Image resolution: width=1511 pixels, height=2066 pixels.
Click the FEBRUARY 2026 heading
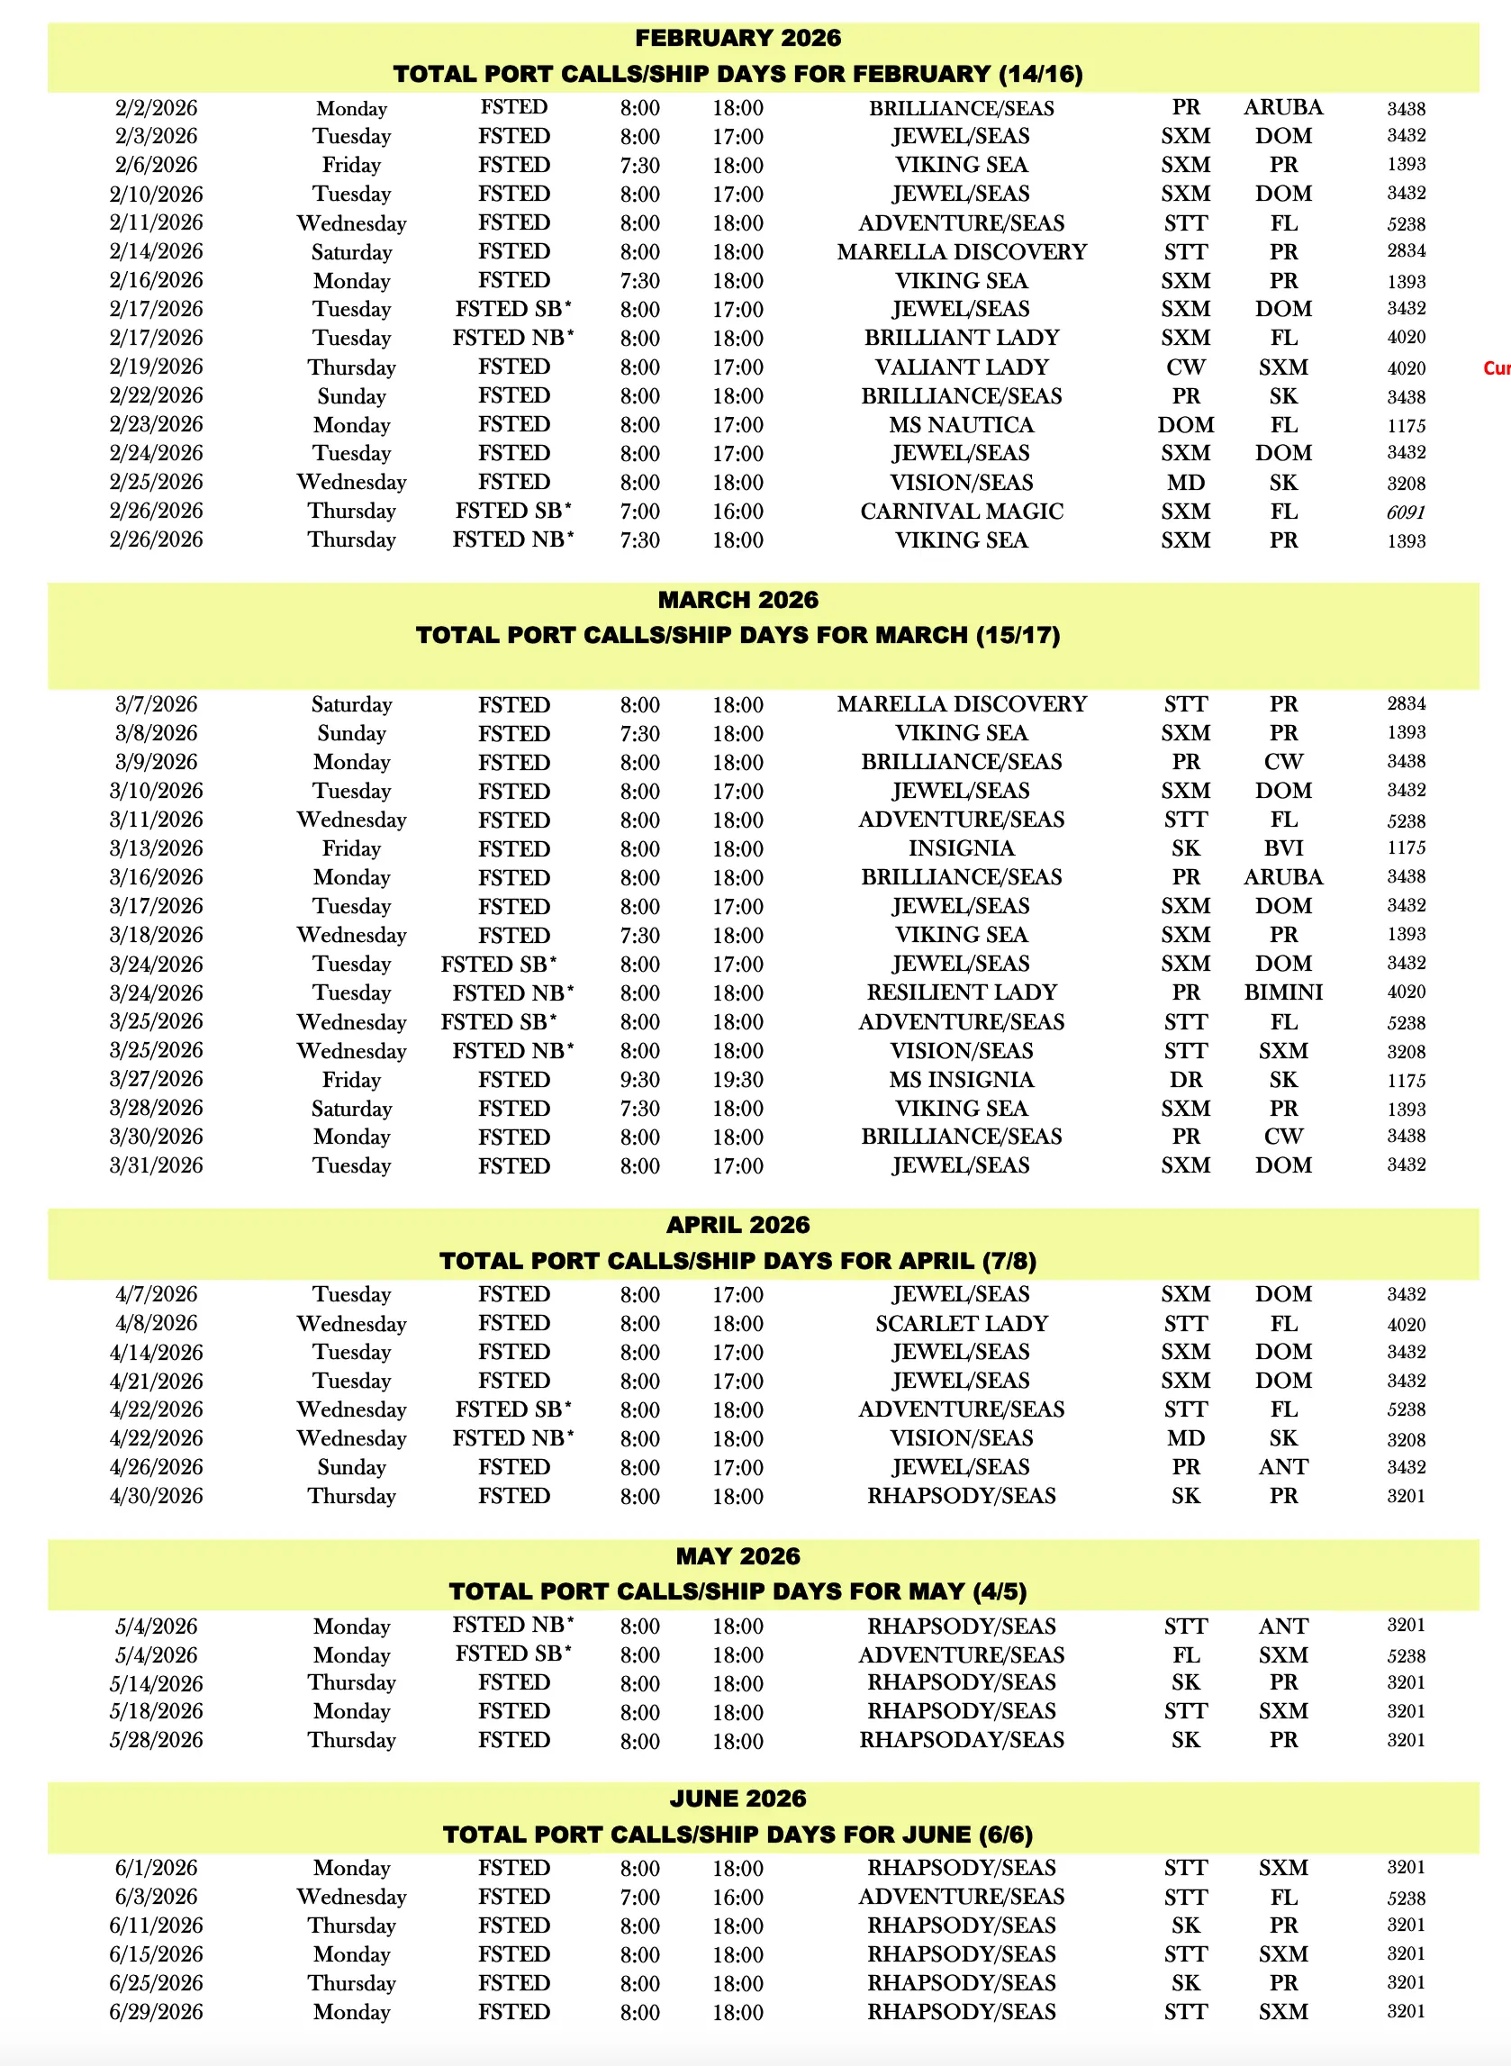737,38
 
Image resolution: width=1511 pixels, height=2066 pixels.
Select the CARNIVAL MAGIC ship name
962,512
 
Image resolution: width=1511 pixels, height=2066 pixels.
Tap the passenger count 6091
1405,512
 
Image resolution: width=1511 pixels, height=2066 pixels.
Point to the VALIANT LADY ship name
962,367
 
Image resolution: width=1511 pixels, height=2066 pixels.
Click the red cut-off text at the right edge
1497,367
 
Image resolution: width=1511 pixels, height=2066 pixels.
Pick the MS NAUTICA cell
962,424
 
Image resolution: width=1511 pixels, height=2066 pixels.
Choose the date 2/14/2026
157,251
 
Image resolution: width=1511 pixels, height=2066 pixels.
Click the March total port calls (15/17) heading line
737,635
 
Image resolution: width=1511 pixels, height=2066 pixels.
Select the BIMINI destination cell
1282,992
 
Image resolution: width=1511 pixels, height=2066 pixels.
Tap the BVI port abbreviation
1282,847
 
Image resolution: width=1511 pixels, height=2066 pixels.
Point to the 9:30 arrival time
639,1079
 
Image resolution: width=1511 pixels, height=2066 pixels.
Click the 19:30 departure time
737,1079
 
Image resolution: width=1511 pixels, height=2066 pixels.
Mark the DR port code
1185,1079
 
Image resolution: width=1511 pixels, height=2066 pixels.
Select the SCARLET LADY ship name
962,1323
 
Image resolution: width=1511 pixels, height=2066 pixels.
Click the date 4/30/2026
157,1495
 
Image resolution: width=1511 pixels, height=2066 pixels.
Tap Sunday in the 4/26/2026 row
351,1467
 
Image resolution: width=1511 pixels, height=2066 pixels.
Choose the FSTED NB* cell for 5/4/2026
513,1626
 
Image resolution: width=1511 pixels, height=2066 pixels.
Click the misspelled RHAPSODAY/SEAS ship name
962,1739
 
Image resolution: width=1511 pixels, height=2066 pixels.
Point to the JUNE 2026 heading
737,1798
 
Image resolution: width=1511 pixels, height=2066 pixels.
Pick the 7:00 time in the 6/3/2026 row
639,1897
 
